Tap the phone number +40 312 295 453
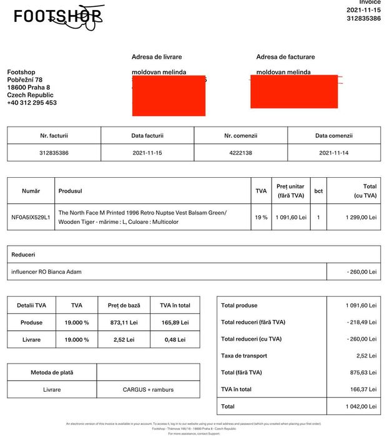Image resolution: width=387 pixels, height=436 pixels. [32, 103]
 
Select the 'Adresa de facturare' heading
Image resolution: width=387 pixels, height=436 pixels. [285, 57]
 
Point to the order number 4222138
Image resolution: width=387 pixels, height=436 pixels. [240, 153]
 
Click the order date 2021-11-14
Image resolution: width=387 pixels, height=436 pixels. [334, 153]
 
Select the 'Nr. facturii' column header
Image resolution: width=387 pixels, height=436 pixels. [54, 135]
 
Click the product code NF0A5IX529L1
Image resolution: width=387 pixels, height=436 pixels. [31, 218]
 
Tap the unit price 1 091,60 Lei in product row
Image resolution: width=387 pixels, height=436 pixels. [290, 218]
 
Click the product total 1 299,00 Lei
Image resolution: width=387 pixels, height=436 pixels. [361, 218]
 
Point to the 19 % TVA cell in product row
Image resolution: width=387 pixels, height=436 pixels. [260, 218]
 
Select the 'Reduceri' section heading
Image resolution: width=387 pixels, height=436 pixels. [23, 254]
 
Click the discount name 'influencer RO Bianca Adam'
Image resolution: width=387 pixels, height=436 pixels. [46, 272]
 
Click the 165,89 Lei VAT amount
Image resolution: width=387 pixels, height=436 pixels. [175, 322]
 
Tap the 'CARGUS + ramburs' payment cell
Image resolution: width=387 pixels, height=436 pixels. [148, 390]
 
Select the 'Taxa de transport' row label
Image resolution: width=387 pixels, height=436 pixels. [244, 356]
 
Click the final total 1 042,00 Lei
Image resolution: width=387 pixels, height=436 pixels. [361, 406]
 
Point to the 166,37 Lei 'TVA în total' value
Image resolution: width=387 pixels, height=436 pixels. [363, 389]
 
